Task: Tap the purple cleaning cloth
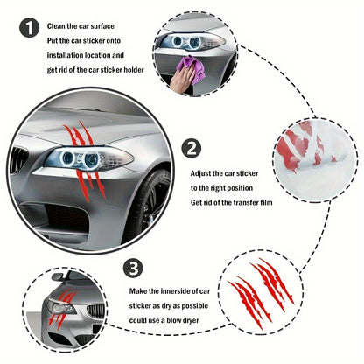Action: click(x=190, y=69)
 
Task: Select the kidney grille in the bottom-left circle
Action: click(x=39, y=313)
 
